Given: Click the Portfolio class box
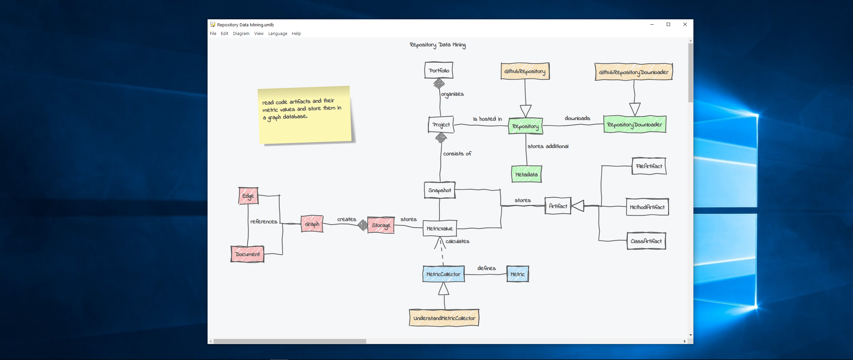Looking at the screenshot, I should point(439,70).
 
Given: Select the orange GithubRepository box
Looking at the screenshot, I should point(525,71).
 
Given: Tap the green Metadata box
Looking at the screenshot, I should point(526,174).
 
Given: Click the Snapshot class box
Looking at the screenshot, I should point(439,190).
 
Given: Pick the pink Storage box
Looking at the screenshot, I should point(381,225).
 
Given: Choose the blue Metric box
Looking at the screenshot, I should point(517,274).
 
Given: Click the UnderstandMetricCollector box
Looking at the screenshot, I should point(444,318).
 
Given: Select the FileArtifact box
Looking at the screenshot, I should point(649,166).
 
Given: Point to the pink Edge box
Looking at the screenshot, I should point(248,196).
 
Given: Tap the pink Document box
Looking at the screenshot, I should point(247,254).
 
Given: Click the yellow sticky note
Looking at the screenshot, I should point(305,115).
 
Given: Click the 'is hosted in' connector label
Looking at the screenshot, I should point(487,119).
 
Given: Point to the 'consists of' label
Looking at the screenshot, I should point(457,154).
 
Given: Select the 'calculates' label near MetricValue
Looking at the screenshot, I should point(457,241).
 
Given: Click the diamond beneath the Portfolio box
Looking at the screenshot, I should point(439,83).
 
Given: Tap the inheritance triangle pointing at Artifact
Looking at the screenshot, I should point(578,206).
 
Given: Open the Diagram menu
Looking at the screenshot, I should point(241,34).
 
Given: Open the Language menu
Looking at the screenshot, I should point(278,34).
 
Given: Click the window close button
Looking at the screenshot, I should point(685,24).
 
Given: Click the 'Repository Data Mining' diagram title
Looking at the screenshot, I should point(437,45).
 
